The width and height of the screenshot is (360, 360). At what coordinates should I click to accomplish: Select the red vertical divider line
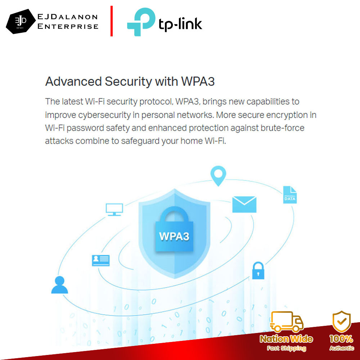[x=112, y=21]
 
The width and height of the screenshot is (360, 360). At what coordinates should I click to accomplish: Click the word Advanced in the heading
[x=73, y=81]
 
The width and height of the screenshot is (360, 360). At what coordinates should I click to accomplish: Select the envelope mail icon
[x=244, y=204]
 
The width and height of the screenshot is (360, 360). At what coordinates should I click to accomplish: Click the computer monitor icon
[x=114, y=209]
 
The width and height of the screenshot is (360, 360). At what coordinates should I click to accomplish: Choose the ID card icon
[x=101, y=260]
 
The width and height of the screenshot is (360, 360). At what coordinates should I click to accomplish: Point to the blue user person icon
[x=59, y=285]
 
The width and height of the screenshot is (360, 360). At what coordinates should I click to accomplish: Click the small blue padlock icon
[x=258, y=270]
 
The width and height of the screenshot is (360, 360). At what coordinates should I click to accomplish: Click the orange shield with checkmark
[x=341, y=321]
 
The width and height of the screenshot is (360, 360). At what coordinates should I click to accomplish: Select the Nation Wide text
[x=287, y=339]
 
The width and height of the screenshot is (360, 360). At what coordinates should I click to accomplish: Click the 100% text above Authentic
[x=341, y=339]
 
